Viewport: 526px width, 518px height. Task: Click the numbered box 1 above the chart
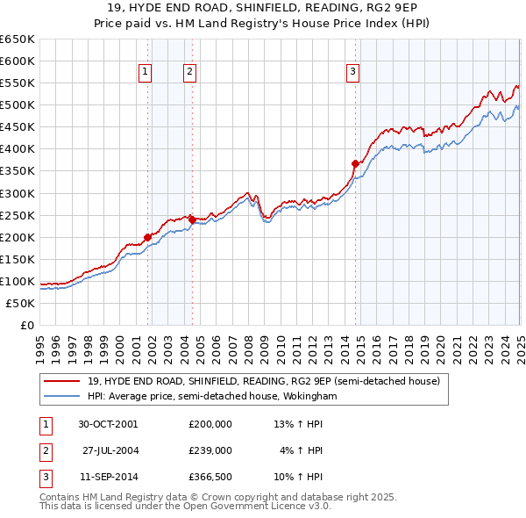[145, 73]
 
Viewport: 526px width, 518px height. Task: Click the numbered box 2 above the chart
[189, 73]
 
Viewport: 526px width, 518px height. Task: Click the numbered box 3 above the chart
[352, 73]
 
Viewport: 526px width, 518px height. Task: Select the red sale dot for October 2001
[147, 236]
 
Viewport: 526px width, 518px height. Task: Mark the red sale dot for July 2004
[192, 219]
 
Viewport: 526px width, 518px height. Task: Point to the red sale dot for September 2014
[355, 163]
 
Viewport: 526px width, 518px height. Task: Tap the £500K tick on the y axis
[18, 105]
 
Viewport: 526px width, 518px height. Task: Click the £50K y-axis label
[21, 303]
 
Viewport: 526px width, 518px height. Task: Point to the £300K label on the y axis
[18, 193]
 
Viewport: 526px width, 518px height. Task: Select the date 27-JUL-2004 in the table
[111, 450]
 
